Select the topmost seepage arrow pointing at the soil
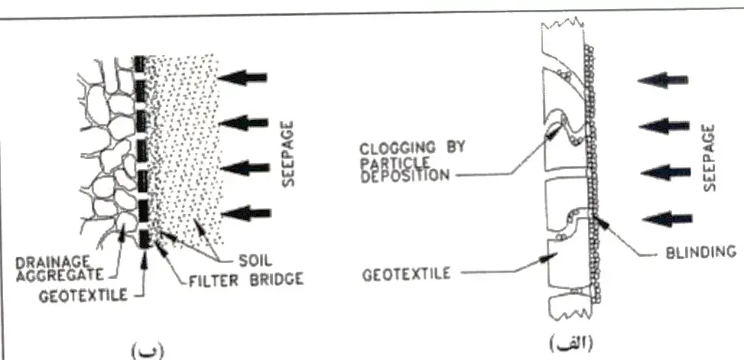click(242, 77)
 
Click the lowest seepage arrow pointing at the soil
click(247, 212)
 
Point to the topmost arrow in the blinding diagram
click(664, 80)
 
